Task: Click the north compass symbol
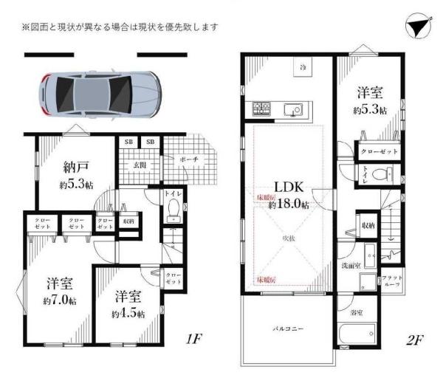[x=417, y=28]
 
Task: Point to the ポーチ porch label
[x=188, y=159]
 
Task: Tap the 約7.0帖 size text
[x=57, y=300]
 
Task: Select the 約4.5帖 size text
[x=129, y=314]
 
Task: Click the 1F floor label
[x=193, y=340]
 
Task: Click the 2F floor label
[x=414, y=340]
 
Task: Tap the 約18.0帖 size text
[x=289, y=204]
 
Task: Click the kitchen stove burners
[x=263, y=111]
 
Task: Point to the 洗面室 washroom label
[x=349, y=265]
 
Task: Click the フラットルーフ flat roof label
[x=390, y=281]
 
